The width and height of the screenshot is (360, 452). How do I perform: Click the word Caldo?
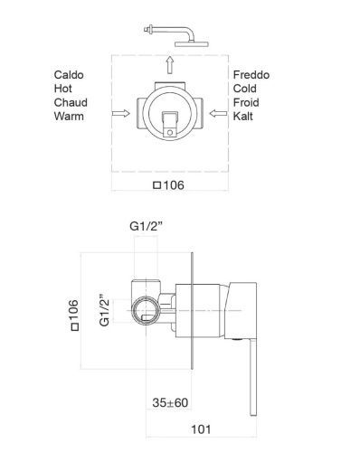[69, 75]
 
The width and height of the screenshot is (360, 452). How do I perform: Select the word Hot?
[62, 89]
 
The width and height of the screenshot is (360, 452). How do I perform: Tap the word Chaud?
[71, 102]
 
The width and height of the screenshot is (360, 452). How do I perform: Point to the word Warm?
[69, 117]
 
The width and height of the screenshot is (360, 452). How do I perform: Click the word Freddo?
[251, 75]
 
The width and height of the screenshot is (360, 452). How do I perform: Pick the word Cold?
[244, 89]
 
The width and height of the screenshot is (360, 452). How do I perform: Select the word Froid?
[246, 102]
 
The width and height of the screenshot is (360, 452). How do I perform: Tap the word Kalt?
[242, 117]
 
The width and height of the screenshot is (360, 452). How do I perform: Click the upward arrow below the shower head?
[170, 64]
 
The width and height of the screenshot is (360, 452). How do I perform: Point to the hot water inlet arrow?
[120, 113]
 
